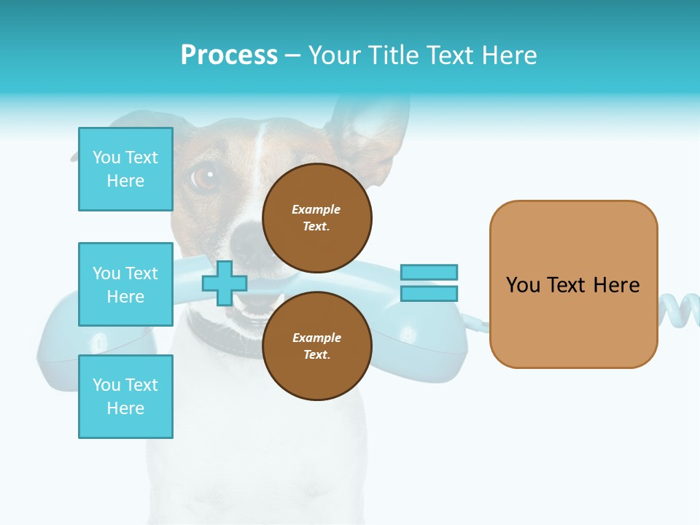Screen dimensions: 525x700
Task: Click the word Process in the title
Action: coord(229,55)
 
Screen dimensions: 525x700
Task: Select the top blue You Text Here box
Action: coord(125,169)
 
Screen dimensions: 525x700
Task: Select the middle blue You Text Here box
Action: coord(125,284)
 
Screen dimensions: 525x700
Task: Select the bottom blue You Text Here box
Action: coord(125,397)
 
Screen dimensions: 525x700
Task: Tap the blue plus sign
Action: coord(224,284)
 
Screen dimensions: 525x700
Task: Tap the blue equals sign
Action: coord(429,283)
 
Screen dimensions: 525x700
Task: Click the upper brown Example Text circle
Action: coord(316,217)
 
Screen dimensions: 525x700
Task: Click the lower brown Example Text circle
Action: coord(316,346)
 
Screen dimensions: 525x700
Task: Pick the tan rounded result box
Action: coord(573,284)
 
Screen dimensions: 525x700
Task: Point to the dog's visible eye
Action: coord(205,175)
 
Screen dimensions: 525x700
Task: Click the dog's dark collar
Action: coord(219,337)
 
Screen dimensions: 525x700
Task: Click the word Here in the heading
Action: coord(509,55)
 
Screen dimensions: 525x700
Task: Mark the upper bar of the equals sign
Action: coord(429,273)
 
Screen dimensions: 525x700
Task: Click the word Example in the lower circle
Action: coord(316,338)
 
